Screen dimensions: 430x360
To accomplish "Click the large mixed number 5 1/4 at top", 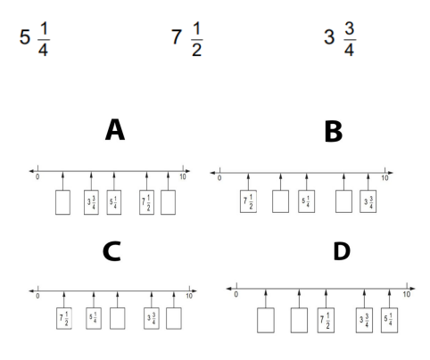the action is coord(35,39).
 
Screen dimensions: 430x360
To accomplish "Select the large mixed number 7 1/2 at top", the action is coord(187,39).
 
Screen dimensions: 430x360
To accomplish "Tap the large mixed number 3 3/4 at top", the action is coord(340,39).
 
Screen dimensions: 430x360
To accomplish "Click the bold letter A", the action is coord(115,129).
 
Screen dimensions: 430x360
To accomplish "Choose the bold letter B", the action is coord(334,132).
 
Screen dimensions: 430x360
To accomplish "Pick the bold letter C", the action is coord(112,251).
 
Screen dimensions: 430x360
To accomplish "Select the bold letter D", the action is coord(342,251).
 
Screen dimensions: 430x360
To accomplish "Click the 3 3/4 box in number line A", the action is coord(91,202).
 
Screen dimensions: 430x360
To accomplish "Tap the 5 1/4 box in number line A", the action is coord(114,202).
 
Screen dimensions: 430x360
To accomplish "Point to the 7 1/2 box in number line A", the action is coord(146,202).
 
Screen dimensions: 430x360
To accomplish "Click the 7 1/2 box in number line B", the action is coord(248,201).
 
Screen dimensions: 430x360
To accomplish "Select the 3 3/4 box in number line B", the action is coord(368,201).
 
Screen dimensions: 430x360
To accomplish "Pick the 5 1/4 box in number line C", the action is coord(94,318).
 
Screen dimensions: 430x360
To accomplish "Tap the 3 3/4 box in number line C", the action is coord(152,318).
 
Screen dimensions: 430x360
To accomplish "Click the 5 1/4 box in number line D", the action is coord(389,320).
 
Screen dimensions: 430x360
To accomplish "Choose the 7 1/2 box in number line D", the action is coord(326,320).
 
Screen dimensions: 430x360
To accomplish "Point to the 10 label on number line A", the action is coord(183,176).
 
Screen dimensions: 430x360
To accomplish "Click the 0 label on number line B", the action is coord(219,178).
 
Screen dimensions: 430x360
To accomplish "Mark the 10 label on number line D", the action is coord(407,294).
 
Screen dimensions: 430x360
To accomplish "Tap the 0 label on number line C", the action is coord(37,296).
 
